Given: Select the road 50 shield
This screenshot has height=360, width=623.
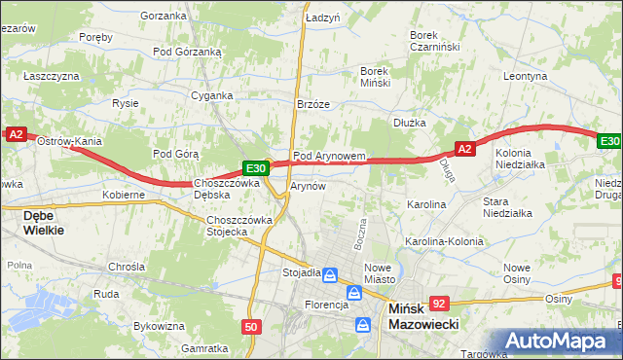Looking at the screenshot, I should [x=251, y=327].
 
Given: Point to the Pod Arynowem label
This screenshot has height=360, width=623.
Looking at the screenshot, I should [x=329, y=156].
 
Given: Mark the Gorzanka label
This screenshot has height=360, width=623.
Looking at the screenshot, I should [x=163, y=16].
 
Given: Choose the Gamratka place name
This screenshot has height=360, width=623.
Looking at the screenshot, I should [x=204, y=347].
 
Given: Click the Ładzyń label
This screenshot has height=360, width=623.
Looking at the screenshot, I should [x=321, y=18].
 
